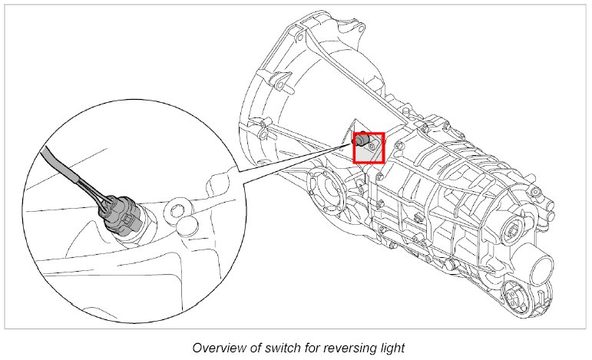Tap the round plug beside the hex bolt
[x=187, y=229]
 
